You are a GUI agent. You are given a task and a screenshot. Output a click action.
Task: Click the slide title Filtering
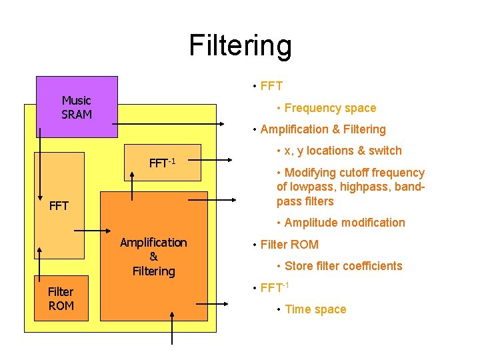(240, 45)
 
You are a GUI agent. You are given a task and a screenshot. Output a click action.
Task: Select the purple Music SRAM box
(77, 107)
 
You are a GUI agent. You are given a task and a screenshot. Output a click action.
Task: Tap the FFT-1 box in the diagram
(162, 163)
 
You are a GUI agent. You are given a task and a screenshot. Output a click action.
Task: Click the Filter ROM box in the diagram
(61, 298)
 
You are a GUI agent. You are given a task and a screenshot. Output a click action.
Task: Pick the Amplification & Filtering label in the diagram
(153, 257)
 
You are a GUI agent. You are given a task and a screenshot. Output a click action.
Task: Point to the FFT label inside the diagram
(59, 206)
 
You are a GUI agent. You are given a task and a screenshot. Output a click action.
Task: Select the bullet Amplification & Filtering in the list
(323, 129)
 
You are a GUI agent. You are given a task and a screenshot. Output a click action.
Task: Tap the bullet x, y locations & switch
(343, 151)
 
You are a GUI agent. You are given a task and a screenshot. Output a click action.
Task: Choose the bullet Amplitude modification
(345, 223)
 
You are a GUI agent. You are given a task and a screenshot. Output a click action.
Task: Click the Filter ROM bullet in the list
(289, 245)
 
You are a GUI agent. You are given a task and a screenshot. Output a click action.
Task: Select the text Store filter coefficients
(343, 266)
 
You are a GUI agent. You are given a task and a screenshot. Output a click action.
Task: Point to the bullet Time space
(315, 309)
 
